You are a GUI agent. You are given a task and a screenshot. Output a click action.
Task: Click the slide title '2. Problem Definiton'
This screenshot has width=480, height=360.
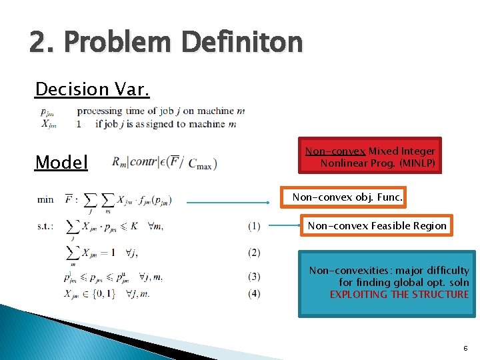click(x=166, y=43)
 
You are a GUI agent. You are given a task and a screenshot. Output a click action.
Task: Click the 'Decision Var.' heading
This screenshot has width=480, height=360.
click(x=91, y=89)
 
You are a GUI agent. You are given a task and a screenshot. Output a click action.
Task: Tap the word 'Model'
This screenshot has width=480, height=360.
click(x=61, y=162)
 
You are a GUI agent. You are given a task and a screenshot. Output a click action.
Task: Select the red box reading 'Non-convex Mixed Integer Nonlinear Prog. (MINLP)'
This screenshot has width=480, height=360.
click(x=370, y=157)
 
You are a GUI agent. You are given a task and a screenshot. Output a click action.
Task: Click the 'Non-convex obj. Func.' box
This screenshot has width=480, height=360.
click(x=347, y=197)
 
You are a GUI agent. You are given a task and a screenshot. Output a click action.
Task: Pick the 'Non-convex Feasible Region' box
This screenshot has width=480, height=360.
click(x=377, y=226)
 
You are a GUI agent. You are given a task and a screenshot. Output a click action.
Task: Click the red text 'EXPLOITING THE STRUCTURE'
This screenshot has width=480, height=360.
click(x=399, y=294)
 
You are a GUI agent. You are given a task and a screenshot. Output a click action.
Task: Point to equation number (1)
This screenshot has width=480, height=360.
click(x=254, y=226)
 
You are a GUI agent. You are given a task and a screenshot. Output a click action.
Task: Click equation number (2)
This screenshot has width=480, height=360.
click(x=254, y=252)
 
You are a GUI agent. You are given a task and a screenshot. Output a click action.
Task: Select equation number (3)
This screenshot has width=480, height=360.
click(x=254, y=276)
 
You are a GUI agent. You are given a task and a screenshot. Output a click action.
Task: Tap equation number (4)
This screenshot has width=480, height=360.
click(x=254, y=293)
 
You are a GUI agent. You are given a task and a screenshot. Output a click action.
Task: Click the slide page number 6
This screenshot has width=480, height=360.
click(x=464, y=348)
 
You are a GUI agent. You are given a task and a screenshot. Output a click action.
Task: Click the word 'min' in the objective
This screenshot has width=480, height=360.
click(x=45, y=199)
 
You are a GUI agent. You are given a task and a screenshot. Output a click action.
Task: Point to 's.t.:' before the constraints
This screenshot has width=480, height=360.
click(x=47, y=226)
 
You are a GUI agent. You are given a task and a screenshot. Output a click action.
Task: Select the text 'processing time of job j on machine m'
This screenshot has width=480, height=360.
click(x=161, y=111)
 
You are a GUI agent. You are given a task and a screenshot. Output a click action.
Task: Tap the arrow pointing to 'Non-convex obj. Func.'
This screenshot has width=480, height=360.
click(x=233, y=198)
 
